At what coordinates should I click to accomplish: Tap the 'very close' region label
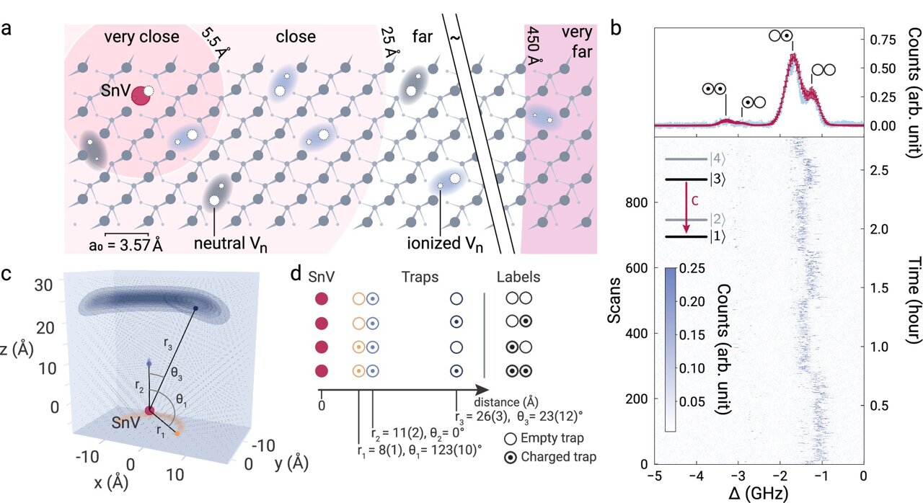(142, 37)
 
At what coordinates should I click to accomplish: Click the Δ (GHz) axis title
(759, 494)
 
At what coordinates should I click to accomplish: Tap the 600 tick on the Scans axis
(636, 268)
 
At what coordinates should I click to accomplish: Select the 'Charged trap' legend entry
(568, 456)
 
